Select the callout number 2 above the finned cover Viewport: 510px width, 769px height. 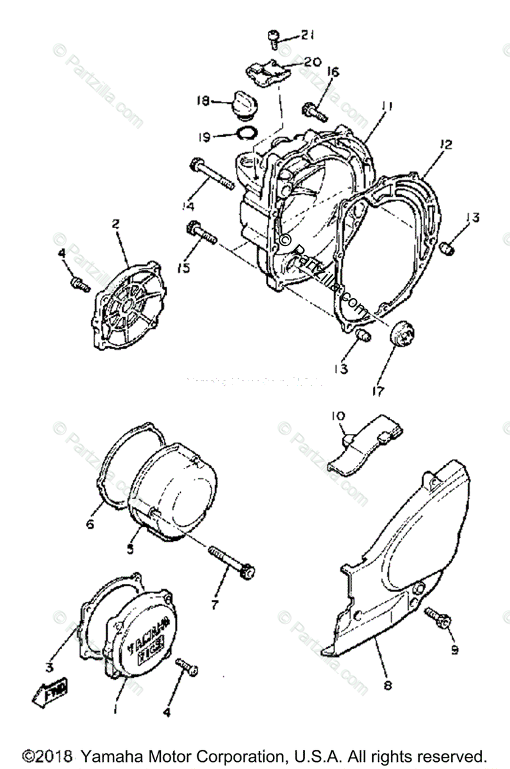(x=116, y=224)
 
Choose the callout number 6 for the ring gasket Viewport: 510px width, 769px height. (x=90, y=524)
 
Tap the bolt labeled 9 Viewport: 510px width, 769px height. (x=438, y=620)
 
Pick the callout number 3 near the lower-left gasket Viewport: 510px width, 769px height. (x=49, y=667)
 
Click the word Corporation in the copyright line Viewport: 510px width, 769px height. (x=239, y=754)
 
